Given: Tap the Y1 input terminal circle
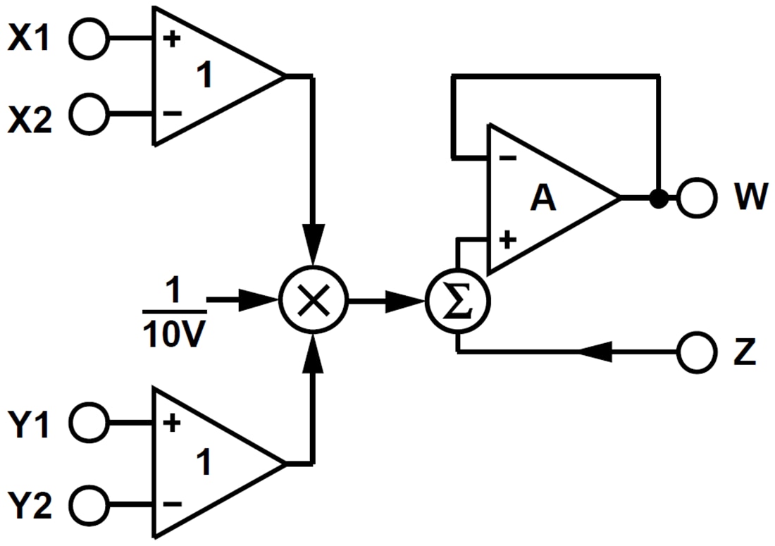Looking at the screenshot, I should tap(90, 423).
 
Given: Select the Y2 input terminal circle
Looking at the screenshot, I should tap(90, 503).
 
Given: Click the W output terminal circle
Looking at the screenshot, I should tap(697, 199).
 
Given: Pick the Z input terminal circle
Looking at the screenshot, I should tap(697, 352).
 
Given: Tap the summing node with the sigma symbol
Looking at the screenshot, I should tap(458, 303).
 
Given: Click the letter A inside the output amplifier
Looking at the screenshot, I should tap(543, 200).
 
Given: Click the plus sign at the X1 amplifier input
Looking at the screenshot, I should tap(171, 38).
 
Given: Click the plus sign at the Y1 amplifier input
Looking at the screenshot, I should tap(171, 423).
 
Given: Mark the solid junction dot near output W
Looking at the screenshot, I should tap(658, 199).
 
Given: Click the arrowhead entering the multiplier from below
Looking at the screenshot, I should tap(314, 356).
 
